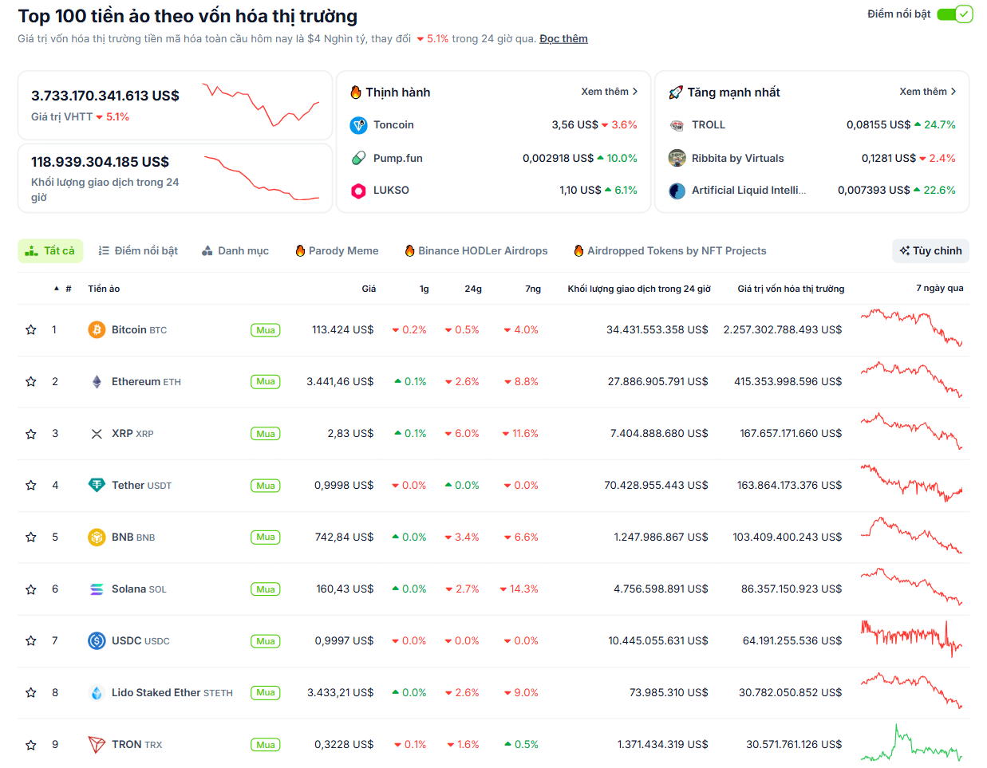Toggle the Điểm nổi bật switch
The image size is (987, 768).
954,14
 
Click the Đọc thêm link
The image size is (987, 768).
563,38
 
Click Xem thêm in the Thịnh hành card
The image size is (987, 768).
609,92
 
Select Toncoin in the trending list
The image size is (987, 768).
393,124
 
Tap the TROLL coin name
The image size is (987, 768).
708,124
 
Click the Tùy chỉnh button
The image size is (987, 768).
930,250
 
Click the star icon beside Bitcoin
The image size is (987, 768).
31,330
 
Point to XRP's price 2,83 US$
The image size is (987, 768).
350,433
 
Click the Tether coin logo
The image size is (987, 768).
97,485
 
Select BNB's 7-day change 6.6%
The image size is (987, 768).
521,537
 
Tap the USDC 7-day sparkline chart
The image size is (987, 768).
911,638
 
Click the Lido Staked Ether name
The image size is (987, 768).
156,692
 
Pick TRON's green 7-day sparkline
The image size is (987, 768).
911,745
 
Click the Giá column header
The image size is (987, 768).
369,289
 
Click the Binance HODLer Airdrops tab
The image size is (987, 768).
476,250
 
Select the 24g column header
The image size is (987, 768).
473,289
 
